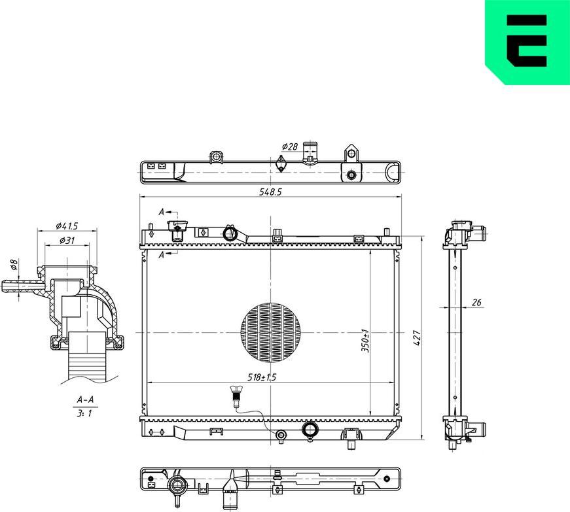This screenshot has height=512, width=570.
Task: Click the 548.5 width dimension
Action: coord(271,192)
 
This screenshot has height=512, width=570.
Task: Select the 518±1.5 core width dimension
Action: coord(262,377)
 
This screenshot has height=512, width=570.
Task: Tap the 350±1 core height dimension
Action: coord(366,341)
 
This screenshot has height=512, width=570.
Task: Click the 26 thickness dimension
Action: coord(476,302)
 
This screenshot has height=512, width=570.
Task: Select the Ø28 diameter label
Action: coord(289,146)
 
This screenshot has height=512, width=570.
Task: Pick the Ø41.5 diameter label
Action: coord(67,226)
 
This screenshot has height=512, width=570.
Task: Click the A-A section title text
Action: coord(85,399)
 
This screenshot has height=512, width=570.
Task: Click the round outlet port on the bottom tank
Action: coord(309,430)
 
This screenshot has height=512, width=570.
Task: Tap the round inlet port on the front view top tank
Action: coord(230,233)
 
